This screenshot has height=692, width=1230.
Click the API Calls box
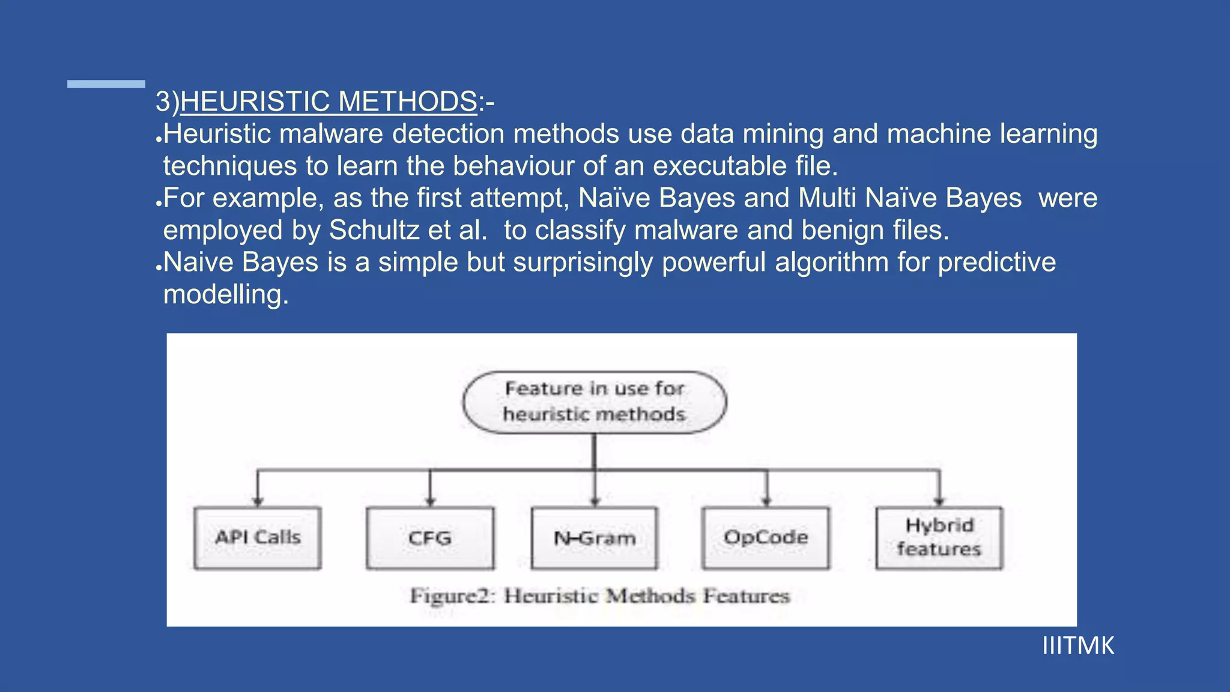pyautogui.click(x=258, y=538)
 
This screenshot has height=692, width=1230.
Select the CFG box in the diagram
pyautogui.click(x=430, y=538)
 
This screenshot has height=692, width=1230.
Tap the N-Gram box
pyautogui.click(x=595, y=538)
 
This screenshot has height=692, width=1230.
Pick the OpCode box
pyautogui.click(x=766, y=538)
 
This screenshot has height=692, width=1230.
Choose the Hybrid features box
pyautogui.click(x=939, y=538)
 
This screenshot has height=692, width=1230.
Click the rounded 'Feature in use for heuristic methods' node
pyautogui.click(x=595, y=402)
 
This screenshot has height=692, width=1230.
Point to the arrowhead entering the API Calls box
pyautogui.click(x=258, y=502)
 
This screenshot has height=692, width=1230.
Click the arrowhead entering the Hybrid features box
pyautogui.click(x=939, y=502)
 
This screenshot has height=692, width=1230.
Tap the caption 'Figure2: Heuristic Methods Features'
pyautogui.click(x=599, y=596)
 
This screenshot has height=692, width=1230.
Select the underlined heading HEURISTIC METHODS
pyautogui.click(x=329, y=102)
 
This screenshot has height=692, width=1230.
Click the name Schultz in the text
pyautogui.click(x=374, y=231)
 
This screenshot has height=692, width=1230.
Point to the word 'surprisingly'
pyautogui.click(x=583, y=263)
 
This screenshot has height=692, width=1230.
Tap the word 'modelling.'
pyautogui.click(x=226, y=295)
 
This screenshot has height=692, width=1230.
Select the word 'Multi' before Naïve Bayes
pyautogui.click(x=826, y=198)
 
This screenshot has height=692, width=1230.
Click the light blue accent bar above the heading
pyautogui.click(x=106, y=84)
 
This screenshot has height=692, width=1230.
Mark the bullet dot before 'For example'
pyautogui.click(x=159, y=204)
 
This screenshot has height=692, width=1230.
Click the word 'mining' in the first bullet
pyautogui.click(x=783, y=134)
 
